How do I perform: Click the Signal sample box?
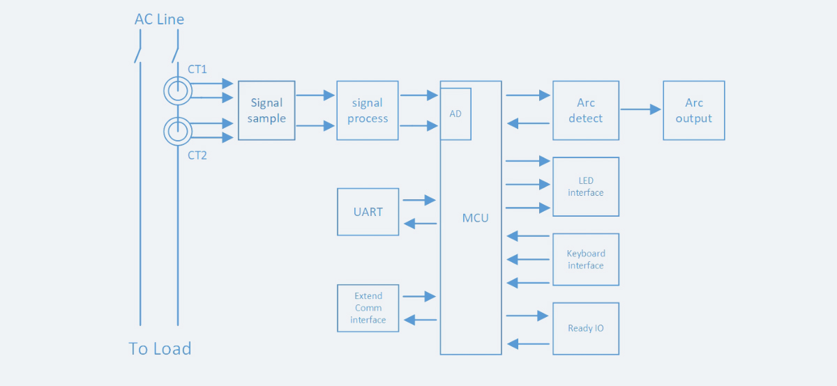(266, 111)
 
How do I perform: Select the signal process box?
(368, 111)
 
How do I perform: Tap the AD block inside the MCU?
(455, 114)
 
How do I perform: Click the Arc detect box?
(585, 111)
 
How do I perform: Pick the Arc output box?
(693, 111)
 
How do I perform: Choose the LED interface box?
(585, 187)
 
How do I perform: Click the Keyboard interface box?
(585, 259)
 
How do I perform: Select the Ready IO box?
(585, 328)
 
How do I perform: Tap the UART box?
(368, 212)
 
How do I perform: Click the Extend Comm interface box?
(368, 308)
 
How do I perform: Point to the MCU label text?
(476, 218)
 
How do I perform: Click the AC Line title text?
(159, 20)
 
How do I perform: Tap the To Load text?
(160, 348)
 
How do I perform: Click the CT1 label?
(197, 69)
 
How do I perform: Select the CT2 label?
(197, 155)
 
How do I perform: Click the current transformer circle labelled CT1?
(177, 90)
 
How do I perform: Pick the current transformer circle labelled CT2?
(177, 130)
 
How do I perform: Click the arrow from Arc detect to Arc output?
(640, 109)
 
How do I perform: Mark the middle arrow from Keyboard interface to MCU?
(528, 259)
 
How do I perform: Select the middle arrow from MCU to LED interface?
(528, 185)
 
